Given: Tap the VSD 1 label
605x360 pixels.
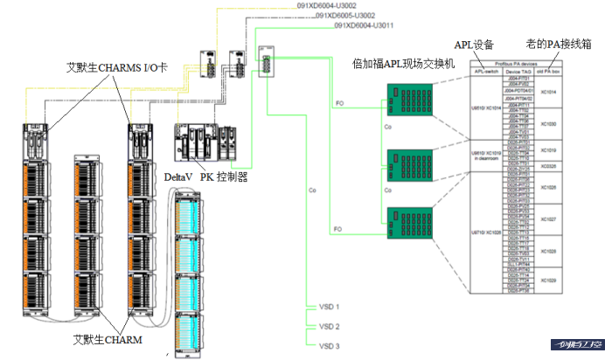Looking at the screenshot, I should tap(329, 308).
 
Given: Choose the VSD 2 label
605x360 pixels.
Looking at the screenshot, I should tap(329, 326).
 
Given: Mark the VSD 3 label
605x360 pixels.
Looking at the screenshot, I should tap(329, 345).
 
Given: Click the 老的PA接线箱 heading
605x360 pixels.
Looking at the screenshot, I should tap(554, 43).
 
